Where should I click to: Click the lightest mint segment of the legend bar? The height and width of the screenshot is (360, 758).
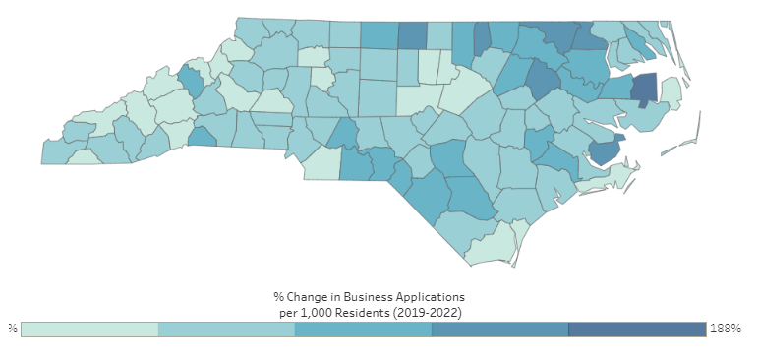[89, 329]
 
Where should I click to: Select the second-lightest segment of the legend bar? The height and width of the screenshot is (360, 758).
[226, 329]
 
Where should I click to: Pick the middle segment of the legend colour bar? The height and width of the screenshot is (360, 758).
[363, 329]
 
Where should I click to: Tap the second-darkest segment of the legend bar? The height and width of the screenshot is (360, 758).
[499, 329]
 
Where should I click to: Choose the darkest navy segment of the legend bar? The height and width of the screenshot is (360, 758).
[636, 329]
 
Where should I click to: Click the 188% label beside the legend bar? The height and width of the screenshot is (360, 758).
[725, 329]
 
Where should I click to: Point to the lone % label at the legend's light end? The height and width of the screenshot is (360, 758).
[13, 329]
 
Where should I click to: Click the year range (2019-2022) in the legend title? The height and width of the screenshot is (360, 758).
[429, 311]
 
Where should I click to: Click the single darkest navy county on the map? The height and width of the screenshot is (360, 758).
[643, 90]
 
